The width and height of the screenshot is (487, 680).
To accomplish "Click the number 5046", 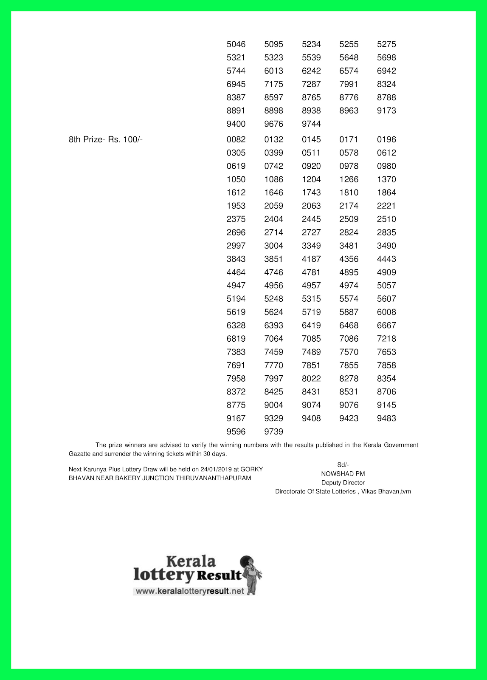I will pyautogui.click(x=236, y=44).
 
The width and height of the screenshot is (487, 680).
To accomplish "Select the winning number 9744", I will pyautogui.click(x=311, y=124).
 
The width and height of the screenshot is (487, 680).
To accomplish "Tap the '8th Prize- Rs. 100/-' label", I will pyautogui.click(x=106, y=139).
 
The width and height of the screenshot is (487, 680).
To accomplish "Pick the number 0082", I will pyautogui.click(x=236, y=139).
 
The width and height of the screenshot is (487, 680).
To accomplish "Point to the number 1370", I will pyautogui.click(x=386, y=179).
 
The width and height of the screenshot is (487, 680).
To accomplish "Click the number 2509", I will pyautogui.click(x=349, y=219).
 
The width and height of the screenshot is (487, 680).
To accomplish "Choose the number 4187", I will pyautogui.click(x=311, y=259).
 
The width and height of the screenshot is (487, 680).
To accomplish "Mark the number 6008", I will pyautogui.click(x=386, y=312).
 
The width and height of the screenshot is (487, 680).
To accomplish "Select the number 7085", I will pyautogui.click(x=311, y=339).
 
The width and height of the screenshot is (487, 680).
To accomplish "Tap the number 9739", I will pyautogui.click(x=273, y=432).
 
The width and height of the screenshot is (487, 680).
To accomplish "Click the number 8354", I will pyautogui.click(x=386, y=379).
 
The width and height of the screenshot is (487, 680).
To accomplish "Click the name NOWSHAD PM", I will pyautogui.click(x=343, y=474).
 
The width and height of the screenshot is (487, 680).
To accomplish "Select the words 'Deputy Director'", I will pyautogui.click(x=343, y=483).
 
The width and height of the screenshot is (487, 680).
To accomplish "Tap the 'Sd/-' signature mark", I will pyautogui.click(x=343, y=465).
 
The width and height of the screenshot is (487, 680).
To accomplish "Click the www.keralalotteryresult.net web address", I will pyautogui.click(x=190, y=591).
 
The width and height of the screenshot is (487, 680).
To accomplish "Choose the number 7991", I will pyautogui.click(x=349, y=84).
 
